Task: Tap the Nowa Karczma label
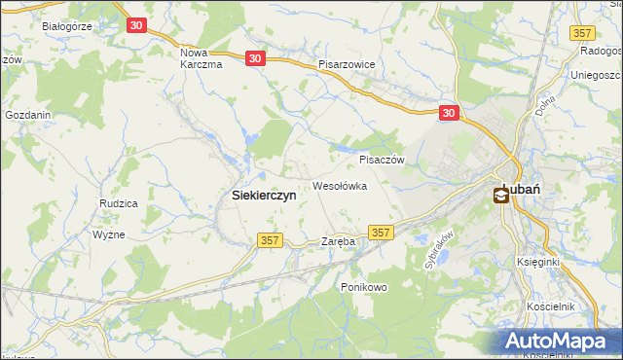(202, 57)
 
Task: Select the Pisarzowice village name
(352, 64)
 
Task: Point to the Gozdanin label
(27, 115)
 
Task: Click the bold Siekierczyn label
(264, 195)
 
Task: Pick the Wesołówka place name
(339, 185)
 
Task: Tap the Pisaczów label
(381, 160)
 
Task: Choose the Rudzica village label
(117, 203)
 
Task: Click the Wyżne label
(109, 235)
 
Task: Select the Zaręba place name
(338, 240)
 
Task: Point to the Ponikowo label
(364, 287)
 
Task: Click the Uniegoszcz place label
(596, 75)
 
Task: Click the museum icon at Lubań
(501, 196)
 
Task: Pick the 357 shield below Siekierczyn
(271, 240)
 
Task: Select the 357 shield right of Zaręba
(382, 233)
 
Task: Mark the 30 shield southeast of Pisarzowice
(449, 113)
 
